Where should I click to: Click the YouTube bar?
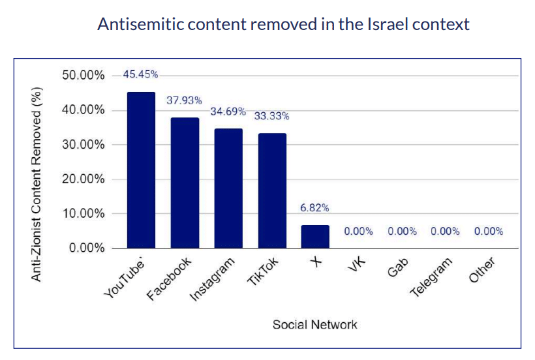coord(141,170)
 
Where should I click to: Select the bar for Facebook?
coord(185,183)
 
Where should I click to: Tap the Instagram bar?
coord(228,188)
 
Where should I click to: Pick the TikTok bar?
coord(272,190)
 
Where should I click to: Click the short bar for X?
coord(315,237)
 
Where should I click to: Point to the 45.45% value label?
coord(140,74)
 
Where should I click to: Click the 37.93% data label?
coord(184,100)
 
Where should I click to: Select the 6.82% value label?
coord(314,208)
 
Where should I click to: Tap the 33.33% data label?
coord(271,116)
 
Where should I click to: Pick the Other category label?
coord(482,270)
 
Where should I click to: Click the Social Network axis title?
coord(315,324)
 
